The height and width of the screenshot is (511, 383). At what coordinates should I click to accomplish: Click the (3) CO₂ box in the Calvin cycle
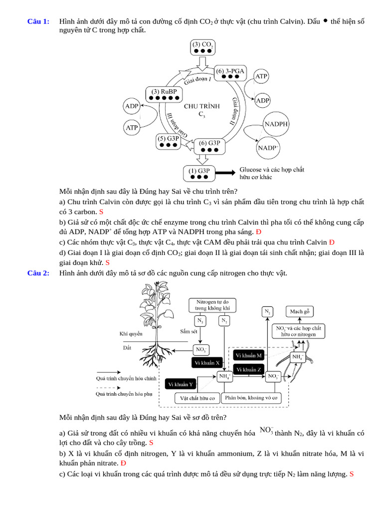(x=203, y=48)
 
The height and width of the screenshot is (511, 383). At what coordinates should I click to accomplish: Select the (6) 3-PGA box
(x=230, y=73)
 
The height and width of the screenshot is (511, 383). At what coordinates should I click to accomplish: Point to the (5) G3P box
(x=168, y=141)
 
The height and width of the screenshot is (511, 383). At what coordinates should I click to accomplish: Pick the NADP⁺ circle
(x=268, y=148)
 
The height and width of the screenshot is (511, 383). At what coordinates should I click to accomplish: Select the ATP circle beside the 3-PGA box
(x=261, y=77)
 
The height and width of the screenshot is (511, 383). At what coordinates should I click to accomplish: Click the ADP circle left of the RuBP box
(x=132, y=106)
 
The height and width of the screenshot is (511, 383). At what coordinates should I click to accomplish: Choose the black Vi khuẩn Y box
(x=181, y=384)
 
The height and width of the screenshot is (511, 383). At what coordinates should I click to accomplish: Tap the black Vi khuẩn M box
(x=249, y=355)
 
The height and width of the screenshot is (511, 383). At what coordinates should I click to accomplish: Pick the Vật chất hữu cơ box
(x=197, y=398)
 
